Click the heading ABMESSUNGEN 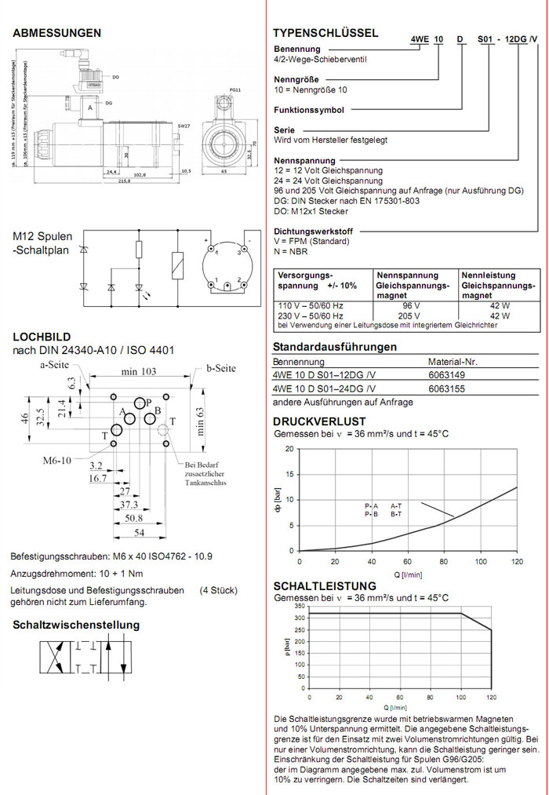(x=57, y=33)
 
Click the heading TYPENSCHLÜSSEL (x=325, y=33)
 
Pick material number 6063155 (x=445, y=388)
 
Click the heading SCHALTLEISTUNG (x=325, y=586)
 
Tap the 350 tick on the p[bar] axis (x=298, y=607)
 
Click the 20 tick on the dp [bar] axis (x=289, y=449)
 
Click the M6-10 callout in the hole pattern (x=56, y=460)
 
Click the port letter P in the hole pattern (x=147, y=402)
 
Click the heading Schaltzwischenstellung (x=76, y=625)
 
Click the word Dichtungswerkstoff (x=313, y=232)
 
